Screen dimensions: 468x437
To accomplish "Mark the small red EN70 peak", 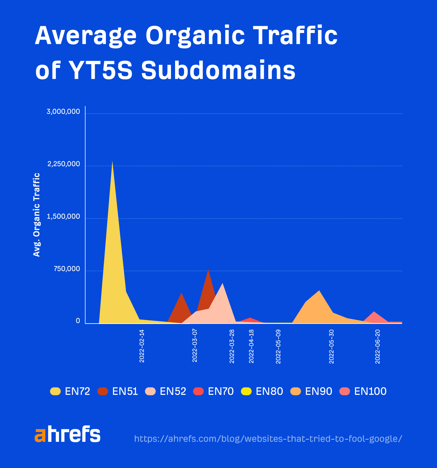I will (x=250, y=319).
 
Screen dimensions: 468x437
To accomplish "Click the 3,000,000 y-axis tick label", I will (x=63, y=112).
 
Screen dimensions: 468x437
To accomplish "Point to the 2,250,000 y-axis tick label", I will (x=64, y=164).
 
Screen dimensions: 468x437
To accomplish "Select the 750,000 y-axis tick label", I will (x=67, y=269).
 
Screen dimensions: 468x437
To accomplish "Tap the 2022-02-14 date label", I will (x=142, y=346).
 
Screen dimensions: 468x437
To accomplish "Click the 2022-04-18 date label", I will (x=251, y=346).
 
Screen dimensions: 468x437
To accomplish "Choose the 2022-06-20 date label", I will (x=377, y=346).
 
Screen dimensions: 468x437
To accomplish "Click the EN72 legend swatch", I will (x=55, y=391).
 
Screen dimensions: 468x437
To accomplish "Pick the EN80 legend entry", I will (x=262, y=391).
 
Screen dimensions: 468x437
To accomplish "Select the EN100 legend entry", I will (x=363, y=391).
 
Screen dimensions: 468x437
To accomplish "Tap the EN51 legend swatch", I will (x=103, y=391).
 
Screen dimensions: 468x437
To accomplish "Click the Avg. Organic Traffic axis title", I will (x=37, y=215).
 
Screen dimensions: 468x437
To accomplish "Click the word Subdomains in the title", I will (x=218, y=70).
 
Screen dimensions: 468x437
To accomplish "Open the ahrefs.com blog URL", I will (x=268, y=439).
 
